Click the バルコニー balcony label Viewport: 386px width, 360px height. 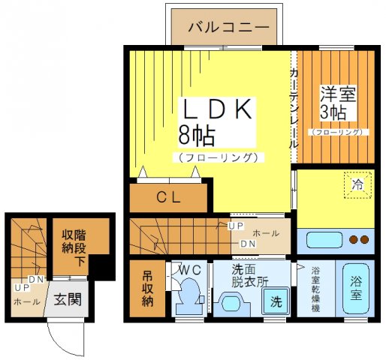tap(228, 27)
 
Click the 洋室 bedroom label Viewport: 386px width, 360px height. tap(337, 95)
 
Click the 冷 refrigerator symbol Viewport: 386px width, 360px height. tap(357, 183)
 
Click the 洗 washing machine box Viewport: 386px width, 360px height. tap(276, 301)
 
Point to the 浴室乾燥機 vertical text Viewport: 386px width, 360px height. tap(315, 288)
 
